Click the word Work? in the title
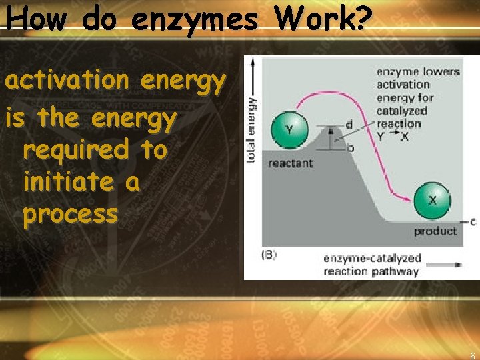(323, 19)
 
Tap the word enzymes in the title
(194, 21)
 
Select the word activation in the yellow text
(67, 81)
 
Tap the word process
(70, 215)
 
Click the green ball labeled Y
(289, 130)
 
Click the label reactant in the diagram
(289, 163)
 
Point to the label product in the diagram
(435, 231)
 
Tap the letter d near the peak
(349, 125)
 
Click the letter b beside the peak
(351, 147)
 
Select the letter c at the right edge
(473, 221)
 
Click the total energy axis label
(252, 129)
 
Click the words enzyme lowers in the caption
(418, 71)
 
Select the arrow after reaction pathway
(445, 265)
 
